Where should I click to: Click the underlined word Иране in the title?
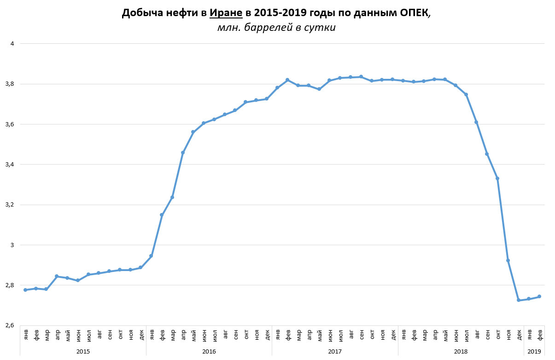226,13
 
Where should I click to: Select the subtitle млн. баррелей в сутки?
276,28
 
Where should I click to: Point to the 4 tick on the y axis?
12,44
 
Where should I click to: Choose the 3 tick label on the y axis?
12,245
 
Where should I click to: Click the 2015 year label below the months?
83,351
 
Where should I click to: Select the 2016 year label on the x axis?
209,351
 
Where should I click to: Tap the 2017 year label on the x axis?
335,351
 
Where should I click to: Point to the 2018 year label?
461,351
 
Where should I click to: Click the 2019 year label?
534,351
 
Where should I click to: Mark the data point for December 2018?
519,300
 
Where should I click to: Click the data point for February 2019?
539,296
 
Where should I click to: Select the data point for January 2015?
25,290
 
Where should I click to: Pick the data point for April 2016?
183,152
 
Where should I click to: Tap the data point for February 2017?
288,80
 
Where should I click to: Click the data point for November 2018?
508,260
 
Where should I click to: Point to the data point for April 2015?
57,276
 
